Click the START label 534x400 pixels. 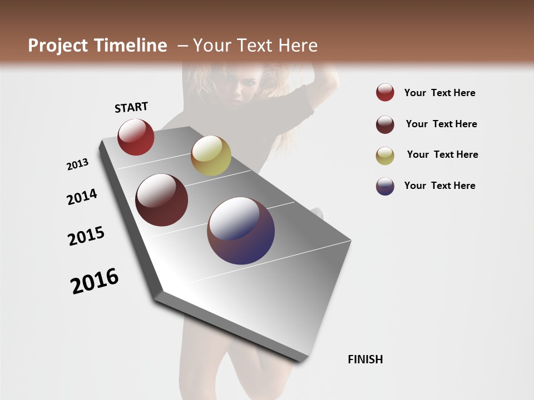pyautogui.click(x=131, y=107)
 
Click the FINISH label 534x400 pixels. pyautogui.click(x=365, y=359)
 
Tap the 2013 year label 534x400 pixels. pyautogui.click(x=77, y=164)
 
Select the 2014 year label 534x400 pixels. pyautogui.click(x=82, y=197)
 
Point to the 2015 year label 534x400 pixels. pyautogui.click(x=86, y=236)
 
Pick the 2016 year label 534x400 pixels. pyautogui.click(x=95, y=281)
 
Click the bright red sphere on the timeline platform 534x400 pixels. pyautogui.click(x=136, y=137)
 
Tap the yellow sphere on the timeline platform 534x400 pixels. pyautogui.click(x=211, y=156)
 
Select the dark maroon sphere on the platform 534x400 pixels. pyautogui.click(x=161, y=200)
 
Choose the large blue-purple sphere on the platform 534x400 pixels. pyautogui.click(x=241, y=231)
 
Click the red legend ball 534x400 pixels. pyautogui.click(x=385, y=92)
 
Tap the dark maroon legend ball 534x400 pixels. pyautogui.click(x=385, y=124)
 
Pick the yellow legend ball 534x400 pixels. pyautogui.click(x=385, y=156)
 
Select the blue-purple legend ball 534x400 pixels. pyautogui.click(x=385, y=186)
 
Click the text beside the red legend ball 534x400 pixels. pyautogui.click(x=439, y=93)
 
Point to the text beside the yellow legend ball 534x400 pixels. pyautogui.click(x=442, y=154)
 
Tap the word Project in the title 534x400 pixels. pyautogui.click(x=58, y=46)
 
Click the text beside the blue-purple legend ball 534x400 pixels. pyautogui.click(x=439, y=186)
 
